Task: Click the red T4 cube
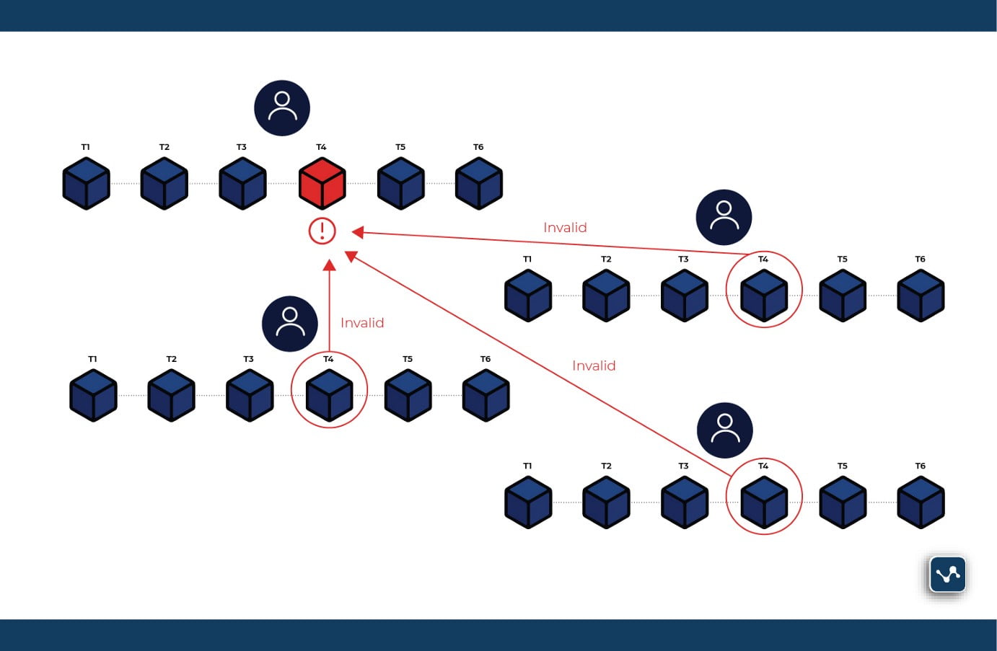point(322,183)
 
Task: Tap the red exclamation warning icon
point(322,231)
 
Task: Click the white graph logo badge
point(947,575)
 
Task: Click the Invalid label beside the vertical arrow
point(362,323)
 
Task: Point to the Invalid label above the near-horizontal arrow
point(565,228)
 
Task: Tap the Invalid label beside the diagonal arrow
point(594,366)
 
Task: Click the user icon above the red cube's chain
point(282,108)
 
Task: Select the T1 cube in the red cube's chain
point(87,183)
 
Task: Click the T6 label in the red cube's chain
point(478,147)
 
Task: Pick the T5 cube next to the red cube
point(401,183)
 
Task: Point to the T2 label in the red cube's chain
point(164,147)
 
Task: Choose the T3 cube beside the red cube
point(242,183)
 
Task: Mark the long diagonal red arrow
point(541,365)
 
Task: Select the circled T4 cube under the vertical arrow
point(329,395)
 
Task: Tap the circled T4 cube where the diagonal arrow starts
point(764,502)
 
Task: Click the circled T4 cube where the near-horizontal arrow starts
point(764,295)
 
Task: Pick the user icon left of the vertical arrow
point(290,324)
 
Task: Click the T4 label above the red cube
point(321,147)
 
